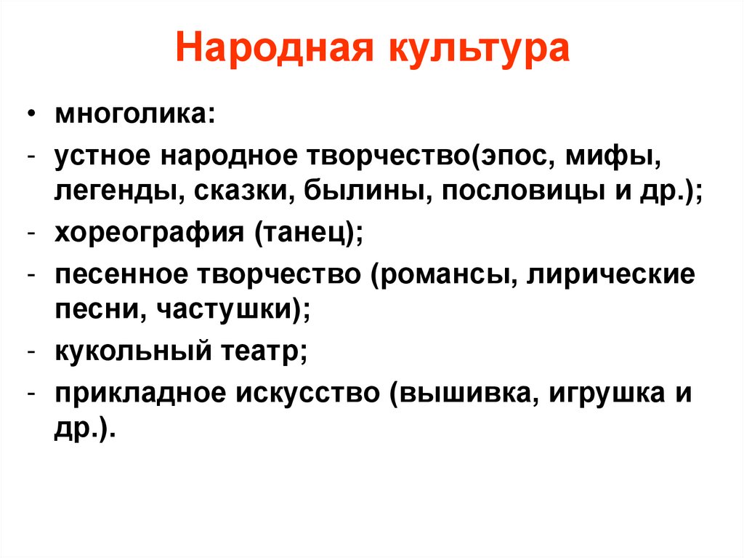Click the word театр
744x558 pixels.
(x=262, y=354)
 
